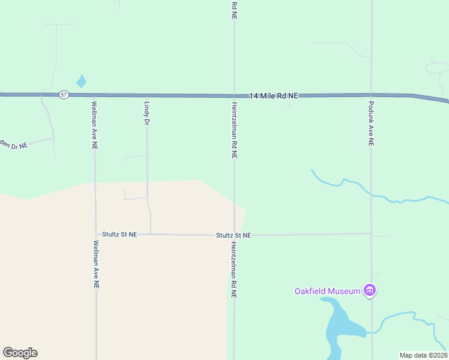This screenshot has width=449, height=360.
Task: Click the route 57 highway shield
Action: click(x=63, y=95)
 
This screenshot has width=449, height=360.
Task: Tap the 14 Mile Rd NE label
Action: click(x=274, y=96)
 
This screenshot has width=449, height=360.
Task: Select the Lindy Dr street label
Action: click(x=146, y=113)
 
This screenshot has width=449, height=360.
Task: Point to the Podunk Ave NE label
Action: click(x=371, y=124)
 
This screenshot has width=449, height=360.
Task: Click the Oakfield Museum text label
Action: click(x=327, y=292)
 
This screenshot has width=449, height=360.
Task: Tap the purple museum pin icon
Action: click(x=370, y=292)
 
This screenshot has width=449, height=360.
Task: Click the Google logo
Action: click(x=20, y=353)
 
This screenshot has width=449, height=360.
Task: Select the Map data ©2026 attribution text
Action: click(x=423, y=355)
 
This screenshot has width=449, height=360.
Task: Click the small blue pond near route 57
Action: click(x=81, y=81)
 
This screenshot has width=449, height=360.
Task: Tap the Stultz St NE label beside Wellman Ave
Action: click(x=119, y=235)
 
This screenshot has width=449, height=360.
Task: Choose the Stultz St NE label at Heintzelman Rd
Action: click(x=234, y=236)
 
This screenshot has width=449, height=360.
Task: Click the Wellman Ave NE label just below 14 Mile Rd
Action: click(x=94, y=125)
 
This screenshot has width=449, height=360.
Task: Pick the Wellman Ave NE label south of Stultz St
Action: click(x=96, y=264)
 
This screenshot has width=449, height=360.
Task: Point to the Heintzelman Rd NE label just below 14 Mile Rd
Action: click(x=234, y=130)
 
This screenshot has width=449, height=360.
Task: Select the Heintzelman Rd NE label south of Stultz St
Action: click(x=234, y=270)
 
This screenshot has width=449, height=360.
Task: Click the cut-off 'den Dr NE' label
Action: click(x=14, y=145)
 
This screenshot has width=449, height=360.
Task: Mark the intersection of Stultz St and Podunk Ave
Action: click(x=372, y=233)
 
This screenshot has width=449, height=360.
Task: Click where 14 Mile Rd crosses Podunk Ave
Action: click(x=371, y=95)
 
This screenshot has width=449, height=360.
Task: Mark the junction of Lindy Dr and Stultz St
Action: click(x=151, y=234)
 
